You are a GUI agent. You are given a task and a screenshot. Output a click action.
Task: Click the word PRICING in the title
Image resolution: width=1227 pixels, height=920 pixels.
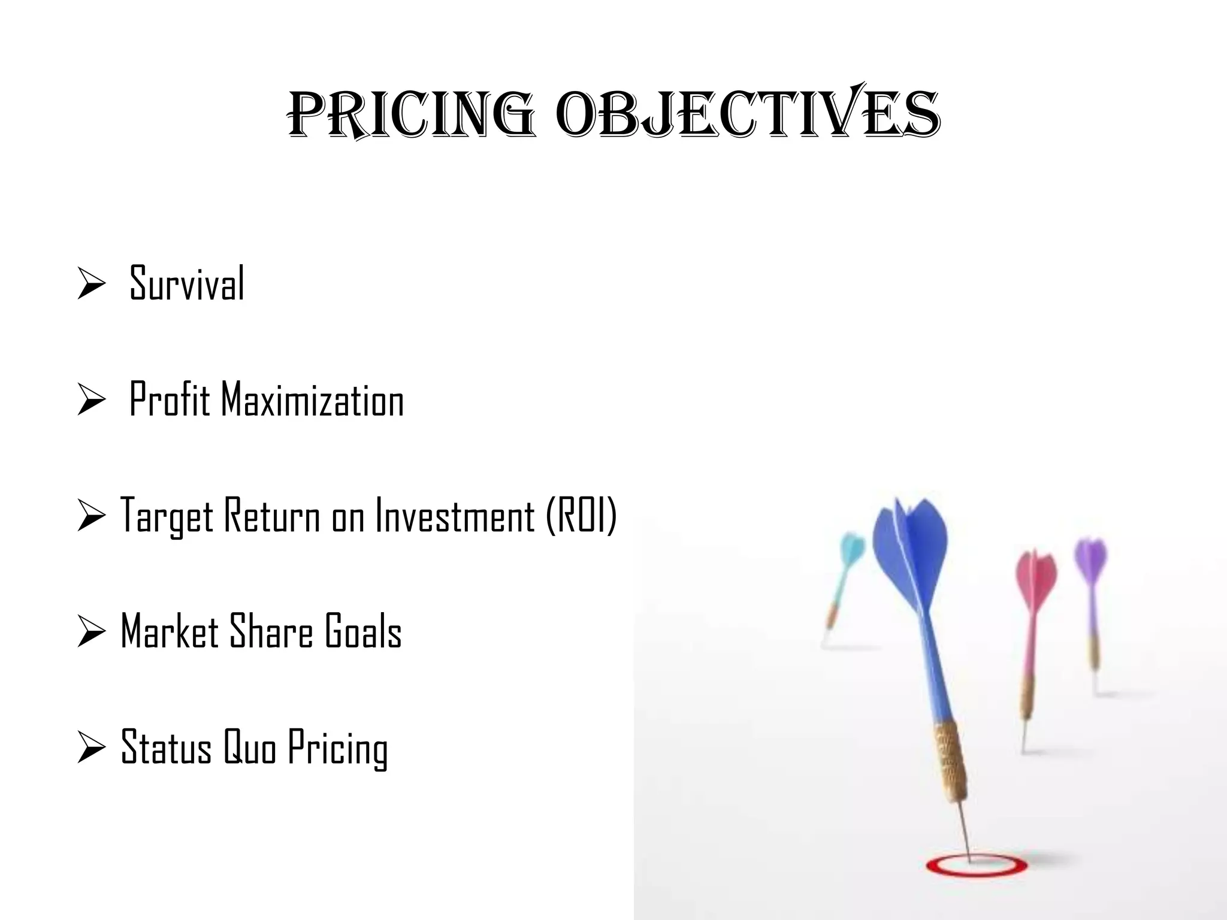411,115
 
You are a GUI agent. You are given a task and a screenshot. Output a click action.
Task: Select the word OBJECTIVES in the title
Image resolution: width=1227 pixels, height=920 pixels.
748,115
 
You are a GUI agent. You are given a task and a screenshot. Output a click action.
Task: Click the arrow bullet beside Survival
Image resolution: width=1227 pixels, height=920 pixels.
92,285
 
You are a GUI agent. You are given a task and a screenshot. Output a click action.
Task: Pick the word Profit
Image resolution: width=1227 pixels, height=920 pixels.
170,399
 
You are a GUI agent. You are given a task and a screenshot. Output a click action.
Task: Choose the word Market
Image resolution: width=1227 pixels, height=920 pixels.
170,631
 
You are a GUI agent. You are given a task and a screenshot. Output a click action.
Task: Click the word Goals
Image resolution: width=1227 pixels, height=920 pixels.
363,631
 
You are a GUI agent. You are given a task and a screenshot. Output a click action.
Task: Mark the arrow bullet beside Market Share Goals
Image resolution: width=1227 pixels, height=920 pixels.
92,632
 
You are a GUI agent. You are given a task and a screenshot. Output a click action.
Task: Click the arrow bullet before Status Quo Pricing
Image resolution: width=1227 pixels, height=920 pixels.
92,748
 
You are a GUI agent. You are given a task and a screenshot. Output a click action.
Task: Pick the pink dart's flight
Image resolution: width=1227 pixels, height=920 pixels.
1035,575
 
